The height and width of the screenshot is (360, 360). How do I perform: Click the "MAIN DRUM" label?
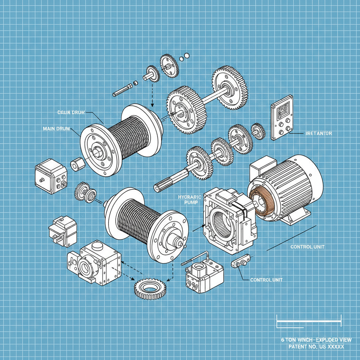(x=57, y=129)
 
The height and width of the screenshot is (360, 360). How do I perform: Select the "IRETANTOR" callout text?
(x=317, y=134)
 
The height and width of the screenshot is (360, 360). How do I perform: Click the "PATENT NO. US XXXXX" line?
(x=316, y=347)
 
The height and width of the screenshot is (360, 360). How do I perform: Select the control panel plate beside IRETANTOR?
(x=282, y=118)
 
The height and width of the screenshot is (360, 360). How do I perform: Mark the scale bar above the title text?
(x=309, y=320)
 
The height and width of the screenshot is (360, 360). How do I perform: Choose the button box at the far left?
(x=51, y=176)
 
